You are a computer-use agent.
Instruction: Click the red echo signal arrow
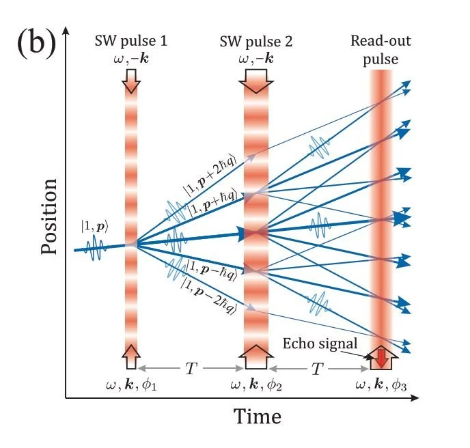(x=381, y=355)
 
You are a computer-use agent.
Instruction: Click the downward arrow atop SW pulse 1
(x=131, y=82)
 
